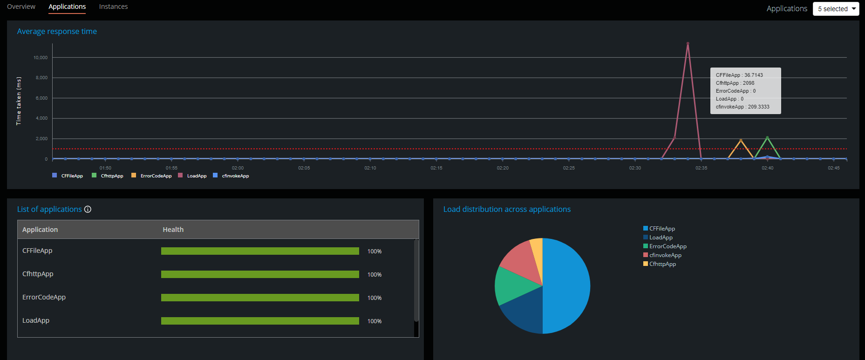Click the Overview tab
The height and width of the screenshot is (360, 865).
point(21,7)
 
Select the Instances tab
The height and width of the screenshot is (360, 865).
point(113,7)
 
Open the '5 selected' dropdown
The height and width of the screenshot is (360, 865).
point(836,9)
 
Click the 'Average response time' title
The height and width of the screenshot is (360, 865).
point(57,31)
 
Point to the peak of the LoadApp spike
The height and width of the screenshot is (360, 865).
point(688,44)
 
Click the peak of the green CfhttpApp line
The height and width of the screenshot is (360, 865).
point(767,137)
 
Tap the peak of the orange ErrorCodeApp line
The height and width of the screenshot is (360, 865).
point(741,140)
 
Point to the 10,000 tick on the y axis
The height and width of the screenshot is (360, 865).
point(41,58)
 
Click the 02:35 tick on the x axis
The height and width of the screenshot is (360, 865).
point(701,168)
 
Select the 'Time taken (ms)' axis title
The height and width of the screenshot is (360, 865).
point(19,101)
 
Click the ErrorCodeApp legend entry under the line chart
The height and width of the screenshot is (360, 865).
point(156,176)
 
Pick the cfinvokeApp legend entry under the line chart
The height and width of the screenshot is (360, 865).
point(235,176)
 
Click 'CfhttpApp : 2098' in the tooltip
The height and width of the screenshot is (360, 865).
point(735,83)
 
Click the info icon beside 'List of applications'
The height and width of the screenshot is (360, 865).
point(88,210)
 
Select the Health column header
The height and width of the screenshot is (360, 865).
point(173,230)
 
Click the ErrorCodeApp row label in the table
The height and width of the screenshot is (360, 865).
point(44,297)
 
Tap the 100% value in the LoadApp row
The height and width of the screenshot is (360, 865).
point(374,321)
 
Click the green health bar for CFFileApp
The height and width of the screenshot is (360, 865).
point(260,251)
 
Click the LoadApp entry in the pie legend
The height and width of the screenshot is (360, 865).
point(661,238)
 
